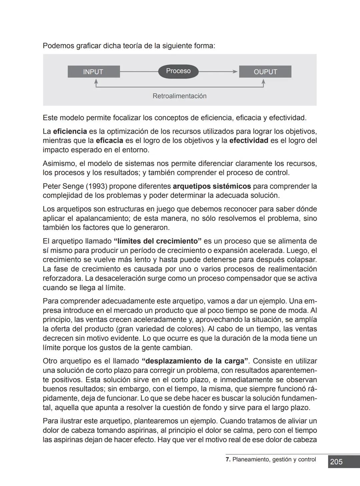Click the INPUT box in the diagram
click(x=93, y=72)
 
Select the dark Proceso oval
click(x=178, y=71)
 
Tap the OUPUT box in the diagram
click(x=265, y=72)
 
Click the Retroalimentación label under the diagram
click(x=179, y=96)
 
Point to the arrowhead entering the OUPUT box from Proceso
click(x=235, y=72)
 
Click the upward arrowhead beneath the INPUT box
click(x=96, y=81)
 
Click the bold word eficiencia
click(x=70, y=131)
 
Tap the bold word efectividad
click(x=249, y=141)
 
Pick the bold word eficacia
click(x=109, y=141)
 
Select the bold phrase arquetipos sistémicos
click(x=212, y=186)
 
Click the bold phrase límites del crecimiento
click(x=158, y=241)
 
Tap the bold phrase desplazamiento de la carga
click(x=195, y=361)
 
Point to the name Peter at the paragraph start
click(x=52, y=186)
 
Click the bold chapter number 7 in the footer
click(x=228, y=459)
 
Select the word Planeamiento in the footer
click(x=251, y=460)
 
